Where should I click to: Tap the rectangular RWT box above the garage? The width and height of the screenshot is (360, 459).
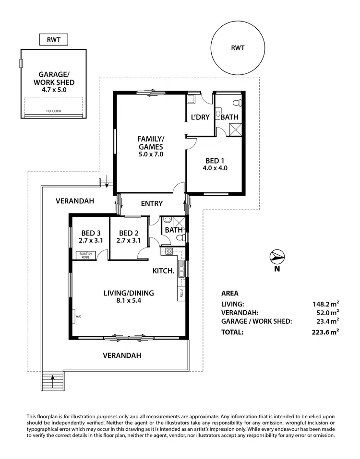[x=53, y=40]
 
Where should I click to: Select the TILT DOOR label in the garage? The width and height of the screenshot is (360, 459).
[x=53, y=111]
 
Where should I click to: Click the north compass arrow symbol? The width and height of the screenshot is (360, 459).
[x=277, y=257]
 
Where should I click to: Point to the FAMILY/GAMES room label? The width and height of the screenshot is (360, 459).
[x=150, y=143]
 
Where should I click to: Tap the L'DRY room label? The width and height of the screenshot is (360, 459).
[x=200, y=117]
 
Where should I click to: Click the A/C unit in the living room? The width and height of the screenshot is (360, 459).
[x=78, y=317]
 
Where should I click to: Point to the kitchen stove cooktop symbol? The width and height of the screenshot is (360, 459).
[x=169, y=251]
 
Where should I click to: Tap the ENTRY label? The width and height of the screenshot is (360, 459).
[x=152, y=203]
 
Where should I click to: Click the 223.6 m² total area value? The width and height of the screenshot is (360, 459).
[x=326, y=332]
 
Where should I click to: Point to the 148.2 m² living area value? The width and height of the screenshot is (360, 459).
[x=326, y=304]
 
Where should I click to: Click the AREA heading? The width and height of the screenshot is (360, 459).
[x=229, y=294]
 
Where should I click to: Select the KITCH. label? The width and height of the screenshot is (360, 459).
[x=163, y=271]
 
